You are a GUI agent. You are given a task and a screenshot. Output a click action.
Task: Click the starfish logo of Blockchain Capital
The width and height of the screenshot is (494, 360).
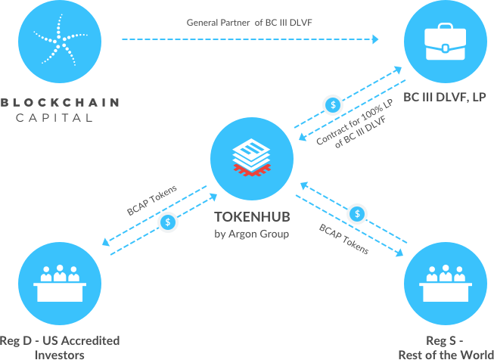click(x=57, y=43)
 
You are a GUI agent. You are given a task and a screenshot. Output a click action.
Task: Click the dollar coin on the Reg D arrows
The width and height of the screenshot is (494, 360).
click(x=168, y=222)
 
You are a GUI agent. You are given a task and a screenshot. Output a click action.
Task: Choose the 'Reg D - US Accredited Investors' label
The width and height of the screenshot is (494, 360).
click(x=60, y=346)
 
